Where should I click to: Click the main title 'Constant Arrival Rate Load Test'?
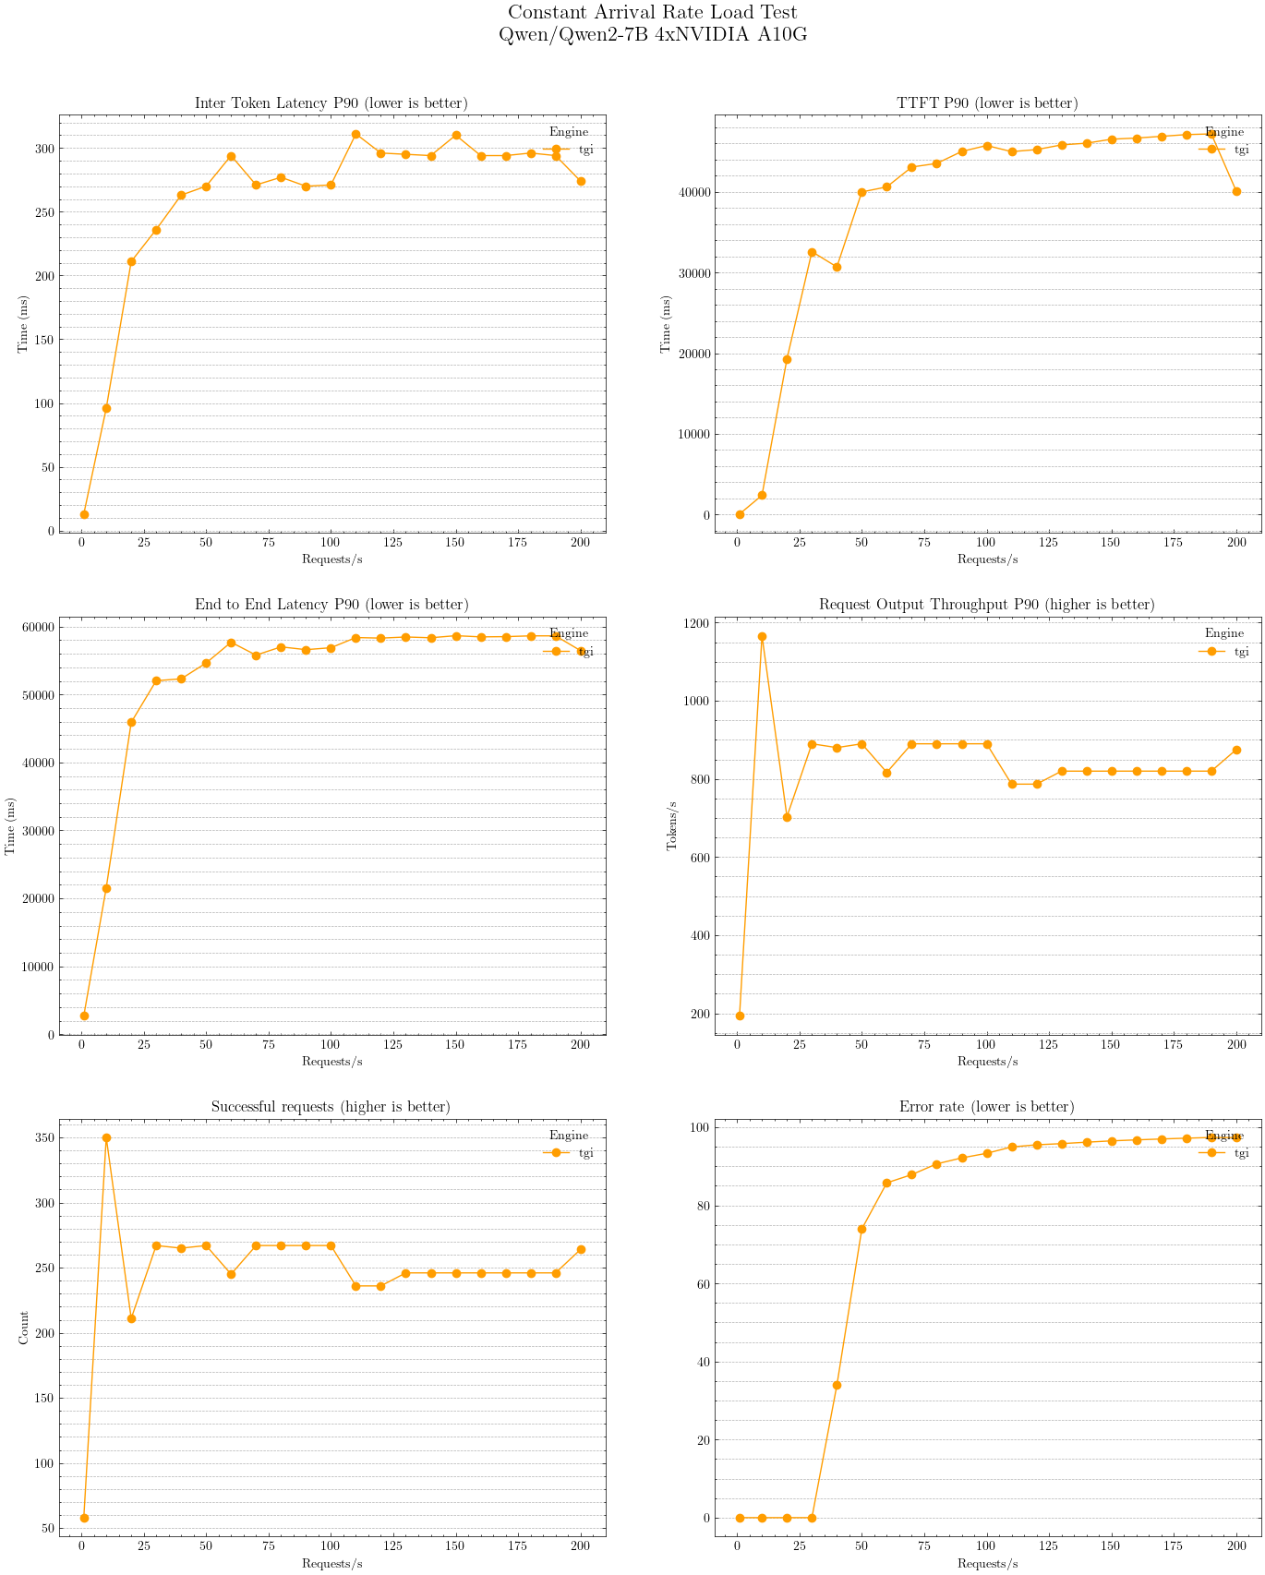click(x=652, y=13)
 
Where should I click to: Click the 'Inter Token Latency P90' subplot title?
click(x=331, y=103)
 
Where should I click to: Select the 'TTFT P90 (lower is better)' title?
click(x=987, y=103)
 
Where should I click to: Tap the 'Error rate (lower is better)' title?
click(x=986, y=1107)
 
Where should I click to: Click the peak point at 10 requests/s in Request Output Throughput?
click(x=762, y=636)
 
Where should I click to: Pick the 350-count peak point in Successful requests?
click(x=106, y=1138)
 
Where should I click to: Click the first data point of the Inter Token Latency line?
click(x=84, y=514)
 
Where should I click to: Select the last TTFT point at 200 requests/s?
click(x=1236, y=191)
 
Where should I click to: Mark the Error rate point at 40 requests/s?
click(x=837, y=1385)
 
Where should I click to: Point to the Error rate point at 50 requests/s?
click(x=861, y=1229)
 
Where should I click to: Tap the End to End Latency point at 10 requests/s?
click(x=106, y=888)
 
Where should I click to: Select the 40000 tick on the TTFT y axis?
click(x=691, y=192)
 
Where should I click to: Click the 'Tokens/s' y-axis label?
click(x=672, y=825)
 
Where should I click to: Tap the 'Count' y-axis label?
click(x=24, y=1328)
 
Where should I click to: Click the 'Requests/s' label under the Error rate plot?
click(x=987, y=1563)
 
